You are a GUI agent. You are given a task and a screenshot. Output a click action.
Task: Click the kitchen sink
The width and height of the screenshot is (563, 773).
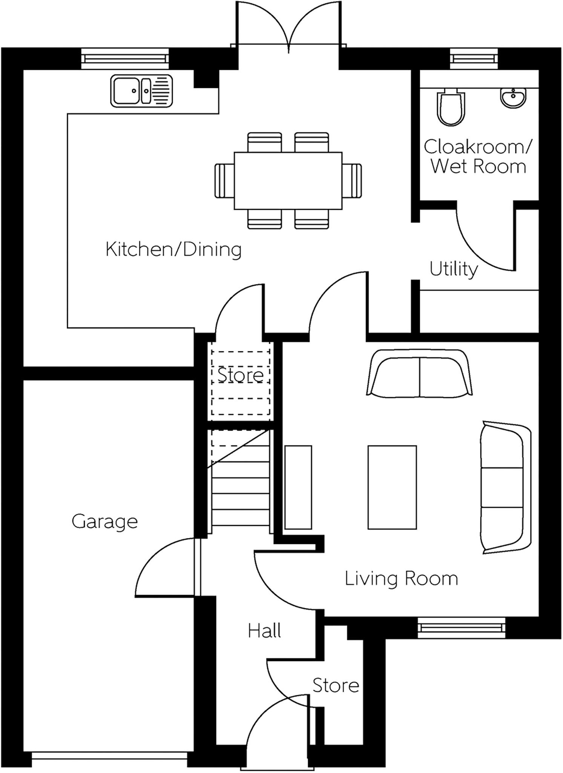(141, 91)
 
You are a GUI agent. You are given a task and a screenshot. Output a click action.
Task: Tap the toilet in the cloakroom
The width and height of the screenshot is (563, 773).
(451, 108)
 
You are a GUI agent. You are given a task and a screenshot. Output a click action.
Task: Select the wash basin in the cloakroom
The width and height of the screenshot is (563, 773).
(513, 97)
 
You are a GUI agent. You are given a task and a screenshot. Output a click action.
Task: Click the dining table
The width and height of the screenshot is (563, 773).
(288, 180)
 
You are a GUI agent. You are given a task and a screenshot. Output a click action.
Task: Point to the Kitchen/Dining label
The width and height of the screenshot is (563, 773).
(173, 249)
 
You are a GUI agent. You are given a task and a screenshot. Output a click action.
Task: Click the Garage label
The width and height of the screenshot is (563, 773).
(105, 521)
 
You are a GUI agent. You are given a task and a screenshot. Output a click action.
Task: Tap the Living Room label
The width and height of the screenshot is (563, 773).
(401, 579)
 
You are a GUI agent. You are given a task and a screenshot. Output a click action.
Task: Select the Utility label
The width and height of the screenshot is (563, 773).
(454, 269)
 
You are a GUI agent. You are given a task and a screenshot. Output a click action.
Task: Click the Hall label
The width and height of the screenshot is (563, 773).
(264, 631)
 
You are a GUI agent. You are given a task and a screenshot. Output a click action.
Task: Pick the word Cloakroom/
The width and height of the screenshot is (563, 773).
(478, 147)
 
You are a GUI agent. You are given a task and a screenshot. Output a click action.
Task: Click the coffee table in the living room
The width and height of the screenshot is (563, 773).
(392, 487)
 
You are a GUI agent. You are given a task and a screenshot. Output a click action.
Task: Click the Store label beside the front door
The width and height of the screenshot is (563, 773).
(336, 685)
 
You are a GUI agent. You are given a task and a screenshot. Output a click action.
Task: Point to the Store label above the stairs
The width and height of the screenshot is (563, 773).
(240, 375)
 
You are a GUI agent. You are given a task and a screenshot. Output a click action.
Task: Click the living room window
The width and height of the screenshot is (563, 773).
(461, 627)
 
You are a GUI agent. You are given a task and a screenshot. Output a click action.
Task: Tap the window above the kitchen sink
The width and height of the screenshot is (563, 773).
(125, 59)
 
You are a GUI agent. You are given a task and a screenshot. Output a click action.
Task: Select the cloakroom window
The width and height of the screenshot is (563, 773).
(474, 59)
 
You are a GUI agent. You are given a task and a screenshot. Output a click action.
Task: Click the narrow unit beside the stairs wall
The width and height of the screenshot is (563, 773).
(298, 487)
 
